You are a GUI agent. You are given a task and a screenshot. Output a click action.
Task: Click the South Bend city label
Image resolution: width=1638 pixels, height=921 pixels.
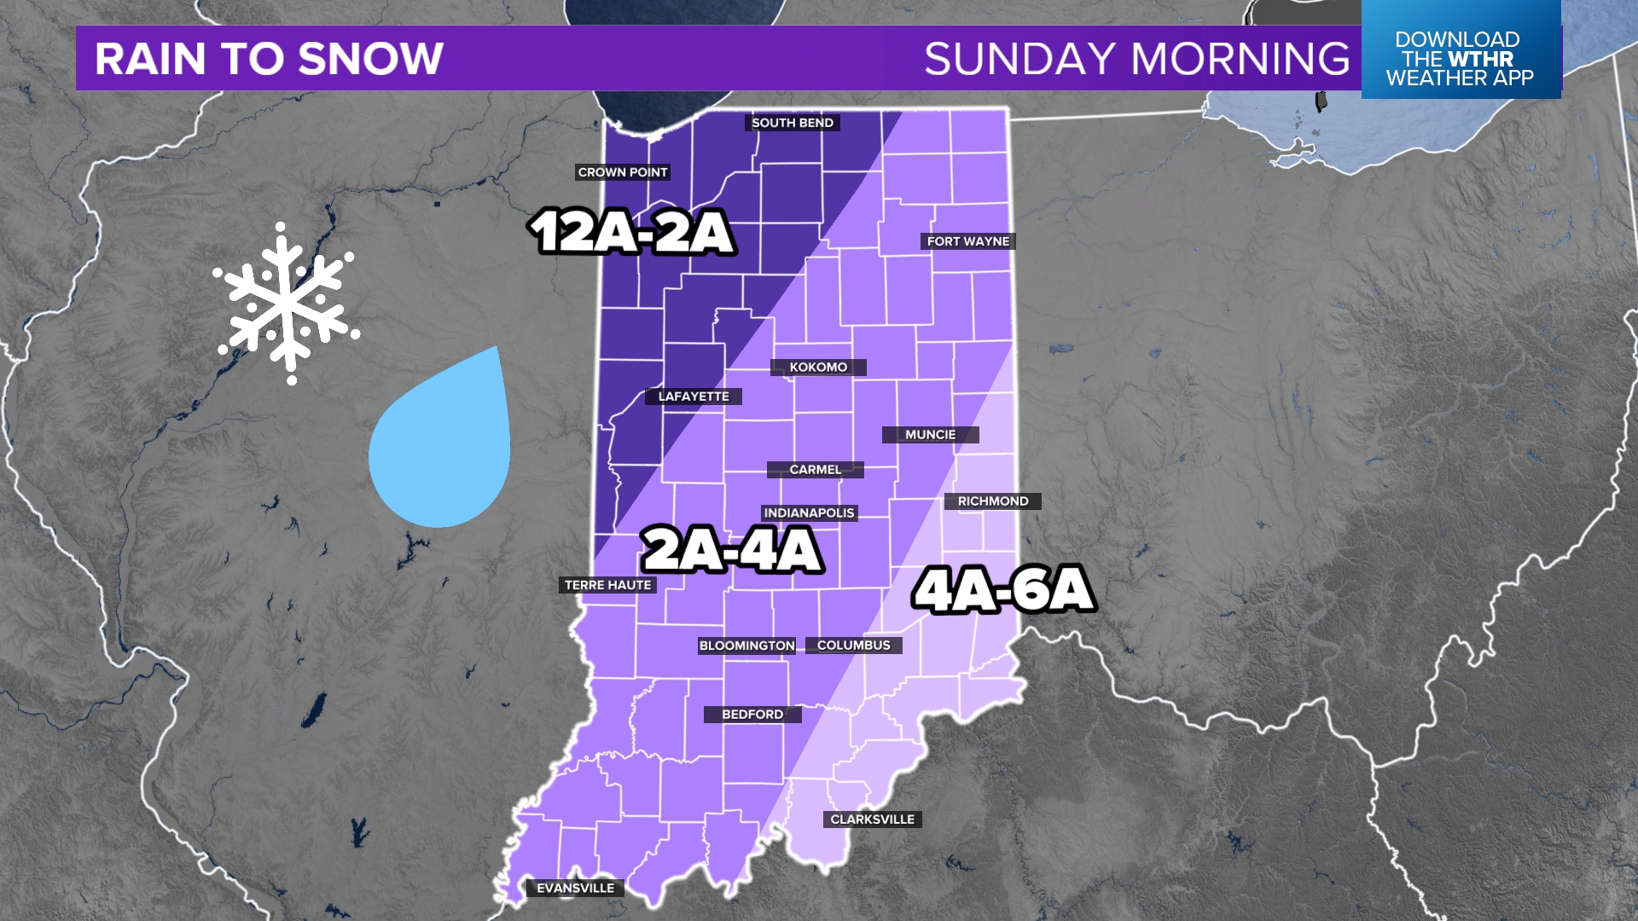(x=793, y=123)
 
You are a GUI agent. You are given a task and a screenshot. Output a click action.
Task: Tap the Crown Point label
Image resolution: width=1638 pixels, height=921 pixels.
(x=623, y=172)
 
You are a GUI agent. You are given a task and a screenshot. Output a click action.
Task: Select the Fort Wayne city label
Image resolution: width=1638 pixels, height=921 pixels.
(x=968, y=241)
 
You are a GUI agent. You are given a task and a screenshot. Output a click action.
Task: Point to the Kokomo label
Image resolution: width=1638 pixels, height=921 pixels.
(x=818, y=368)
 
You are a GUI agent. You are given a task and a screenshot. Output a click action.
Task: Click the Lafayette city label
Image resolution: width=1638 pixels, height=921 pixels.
(x=694, y=397)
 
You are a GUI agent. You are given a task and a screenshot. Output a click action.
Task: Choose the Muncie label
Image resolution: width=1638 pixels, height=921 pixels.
(x=930, y=435)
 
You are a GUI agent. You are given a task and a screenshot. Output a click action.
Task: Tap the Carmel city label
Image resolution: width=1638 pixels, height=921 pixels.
(x=815, y=470)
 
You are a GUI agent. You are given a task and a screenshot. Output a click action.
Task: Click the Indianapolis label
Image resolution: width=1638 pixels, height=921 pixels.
(x=809, y=513)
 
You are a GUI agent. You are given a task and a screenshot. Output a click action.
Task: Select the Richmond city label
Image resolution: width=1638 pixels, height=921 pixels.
(x=993, y=501)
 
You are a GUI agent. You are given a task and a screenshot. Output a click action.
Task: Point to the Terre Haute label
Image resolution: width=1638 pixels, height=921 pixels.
(x=608, y=585)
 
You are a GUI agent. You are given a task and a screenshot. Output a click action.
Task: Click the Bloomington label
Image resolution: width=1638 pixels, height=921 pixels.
(x=747, y=646)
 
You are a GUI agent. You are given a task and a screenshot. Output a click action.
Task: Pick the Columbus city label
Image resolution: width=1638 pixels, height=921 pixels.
(x=853, y=646)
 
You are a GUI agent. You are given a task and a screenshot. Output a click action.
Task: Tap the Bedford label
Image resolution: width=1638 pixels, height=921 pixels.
(x=752, y=715)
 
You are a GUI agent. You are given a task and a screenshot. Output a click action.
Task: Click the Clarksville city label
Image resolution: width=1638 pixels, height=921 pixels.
(x=872, y=820)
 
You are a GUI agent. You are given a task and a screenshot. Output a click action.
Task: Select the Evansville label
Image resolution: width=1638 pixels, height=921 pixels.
(x=576, y=889)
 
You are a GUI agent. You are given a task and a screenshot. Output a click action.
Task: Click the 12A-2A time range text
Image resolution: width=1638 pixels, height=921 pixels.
(x=631, y=232)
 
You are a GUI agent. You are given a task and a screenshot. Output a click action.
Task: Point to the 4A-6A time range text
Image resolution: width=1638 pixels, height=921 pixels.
(x=1003, y=589)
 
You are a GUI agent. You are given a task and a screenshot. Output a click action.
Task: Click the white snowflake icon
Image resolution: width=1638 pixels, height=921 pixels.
(x=287, y=303)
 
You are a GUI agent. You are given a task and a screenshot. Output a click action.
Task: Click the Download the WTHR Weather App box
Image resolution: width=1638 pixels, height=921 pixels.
(x=1460, y=58)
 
